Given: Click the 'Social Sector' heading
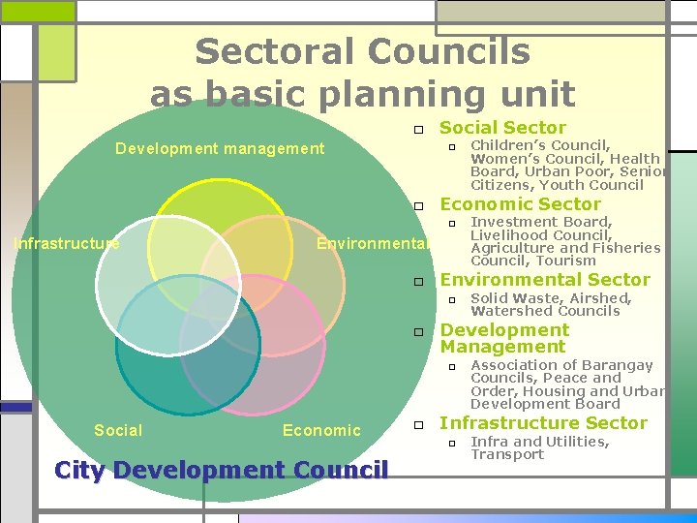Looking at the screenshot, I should [502, 128].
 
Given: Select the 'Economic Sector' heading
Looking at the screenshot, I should [520, 204].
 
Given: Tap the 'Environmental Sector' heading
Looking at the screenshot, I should [545, 281].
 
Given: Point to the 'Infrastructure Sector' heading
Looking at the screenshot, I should [543, 423].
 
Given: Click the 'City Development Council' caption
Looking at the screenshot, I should [222, 471].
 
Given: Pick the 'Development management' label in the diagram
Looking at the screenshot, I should [220, 148].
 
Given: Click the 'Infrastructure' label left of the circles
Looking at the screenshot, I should [66, 243].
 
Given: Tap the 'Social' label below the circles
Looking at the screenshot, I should [118, 430].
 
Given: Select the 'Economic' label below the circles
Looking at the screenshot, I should [321, 430].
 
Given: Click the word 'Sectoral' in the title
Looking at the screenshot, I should [265, 51].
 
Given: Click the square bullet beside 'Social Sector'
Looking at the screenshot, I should [416, 129].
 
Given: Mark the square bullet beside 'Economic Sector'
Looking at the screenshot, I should [416, 205].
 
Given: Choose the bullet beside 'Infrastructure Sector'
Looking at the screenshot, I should [416, 424].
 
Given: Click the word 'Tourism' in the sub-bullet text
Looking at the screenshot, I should [566, 261].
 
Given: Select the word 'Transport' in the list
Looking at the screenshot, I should [507, 454].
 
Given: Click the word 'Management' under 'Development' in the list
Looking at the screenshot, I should [502, 347].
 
